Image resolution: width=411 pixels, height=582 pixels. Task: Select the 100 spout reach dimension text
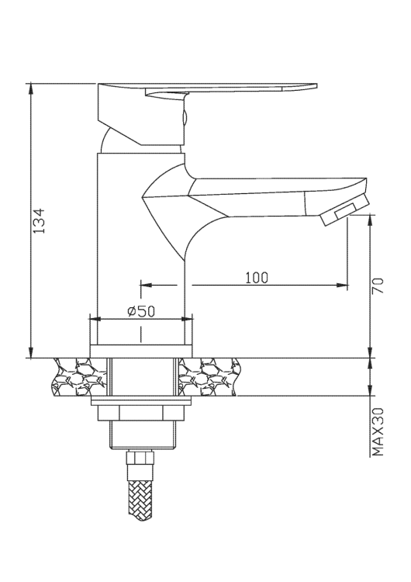point(256,278)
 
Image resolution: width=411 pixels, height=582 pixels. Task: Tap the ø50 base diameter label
point(141,310)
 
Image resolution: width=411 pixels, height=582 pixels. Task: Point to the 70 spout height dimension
point(378,285)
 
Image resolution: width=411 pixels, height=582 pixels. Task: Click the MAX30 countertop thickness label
point(378,432)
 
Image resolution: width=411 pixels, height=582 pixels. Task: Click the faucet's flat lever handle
point(233,87)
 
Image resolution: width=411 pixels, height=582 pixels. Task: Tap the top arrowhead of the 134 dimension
point(31,87)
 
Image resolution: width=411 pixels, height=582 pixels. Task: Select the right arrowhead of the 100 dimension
point(342,285)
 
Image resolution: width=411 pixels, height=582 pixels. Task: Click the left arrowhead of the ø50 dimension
point(95,317)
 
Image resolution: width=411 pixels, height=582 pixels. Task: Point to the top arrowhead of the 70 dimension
point(370,221)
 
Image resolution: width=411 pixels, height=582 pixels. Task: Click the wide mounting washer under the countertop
point(140,402)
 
